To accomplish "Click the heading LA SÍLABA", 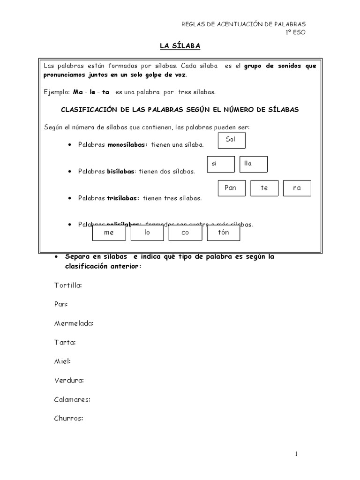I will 180,46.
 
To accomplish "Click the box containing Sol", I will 232,140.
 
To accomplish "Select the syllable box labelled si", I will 221,164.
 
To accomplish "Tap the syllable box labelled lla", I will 253,164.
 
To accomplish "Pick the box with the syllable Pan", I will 232,188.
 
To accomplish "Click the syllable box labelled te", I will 265,188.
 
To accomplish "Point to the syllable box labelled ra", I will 297,188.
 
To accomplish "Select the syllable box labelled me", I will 109,233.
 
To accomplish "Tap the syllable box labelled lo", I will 147,233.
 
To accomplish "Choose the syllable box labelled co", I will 185,233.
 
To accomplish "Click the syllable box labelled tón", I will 223,233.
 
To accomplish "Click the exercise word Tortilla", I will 68,285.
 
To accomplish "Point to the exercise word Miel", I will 62,361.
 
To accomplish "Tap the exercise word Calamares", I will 72,399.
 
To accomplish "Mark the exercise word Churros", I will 68,419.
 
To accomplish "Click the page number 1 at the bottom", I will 297,454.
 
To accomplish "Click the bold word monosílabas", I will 127,145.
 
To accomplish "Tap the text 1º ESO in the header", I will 296,32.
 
